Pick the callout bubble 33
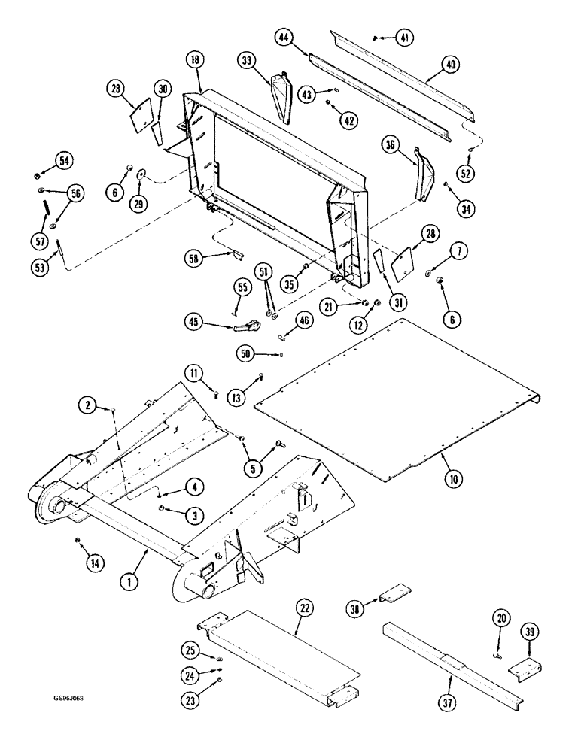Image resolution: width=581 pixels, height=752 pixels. (x=248, y=59)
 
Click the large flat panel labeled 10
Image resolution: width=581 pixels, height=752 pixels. (x=391, y=391)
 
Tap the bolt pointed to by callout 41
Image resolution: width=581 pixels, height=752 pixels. (x=377, y=38)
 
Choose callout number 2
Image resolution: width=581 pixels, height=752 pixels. (x=90, y=407)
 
